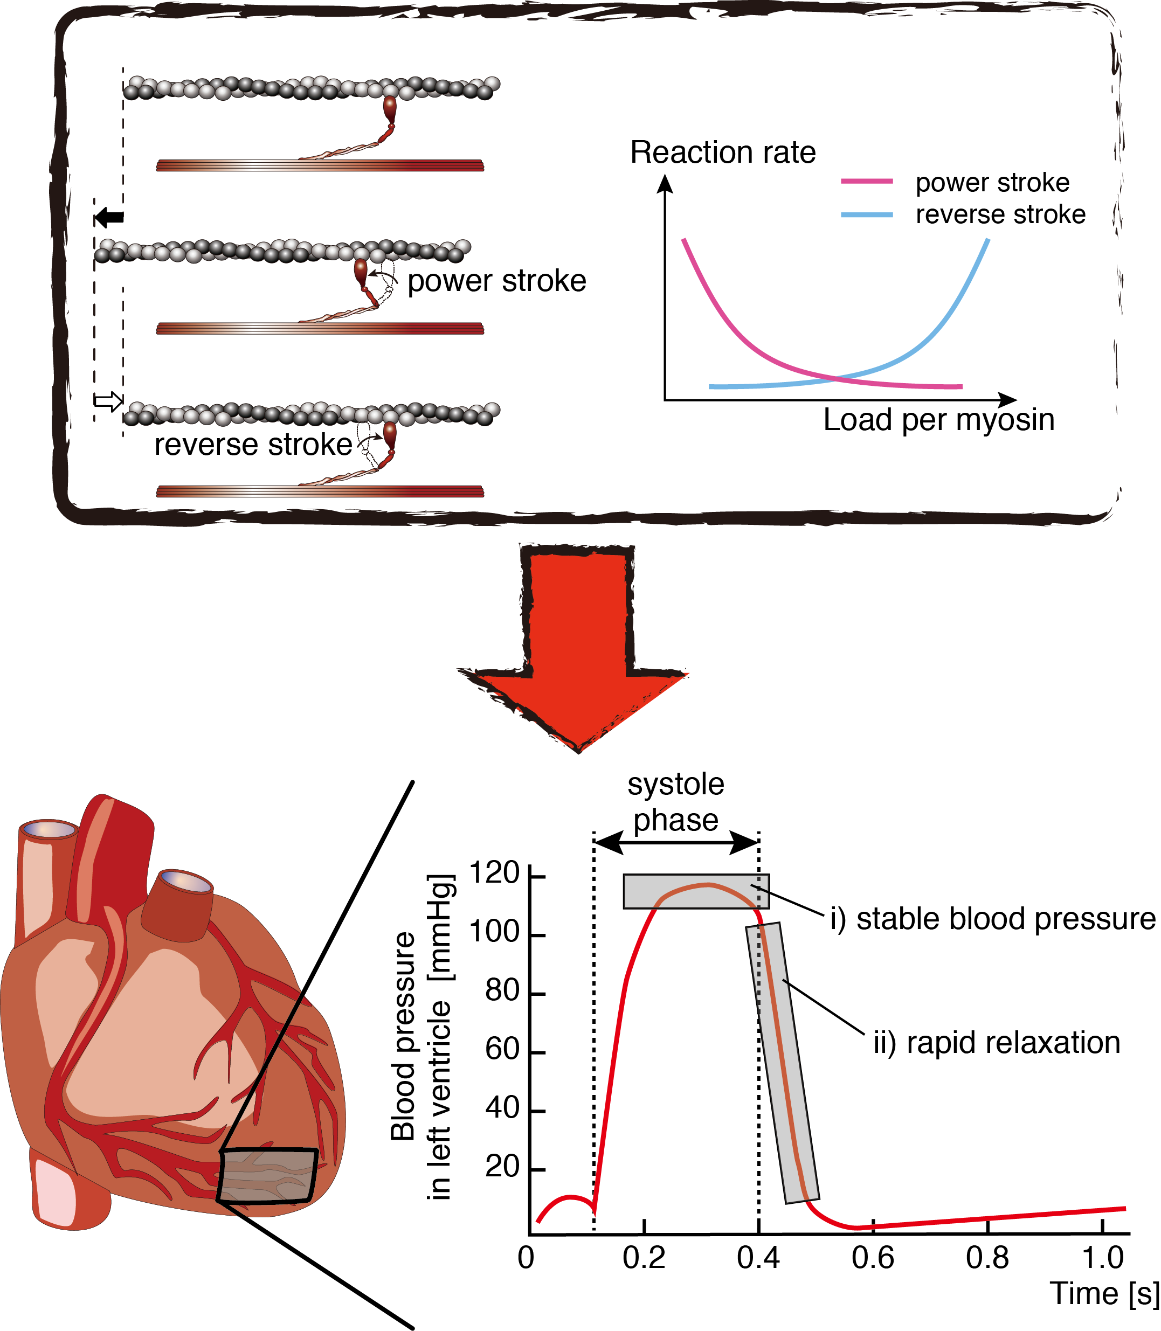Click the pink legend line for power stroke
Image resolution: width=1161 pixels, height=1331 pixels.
point(867,182)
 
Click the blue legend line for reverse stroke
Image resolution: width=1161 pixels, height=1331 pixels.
point(867,214)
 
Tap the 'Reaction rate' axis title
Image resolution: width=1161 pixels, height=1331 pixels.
point(723,153)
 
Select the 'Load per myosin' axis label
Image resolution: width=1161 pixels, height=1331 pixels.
point(939,420)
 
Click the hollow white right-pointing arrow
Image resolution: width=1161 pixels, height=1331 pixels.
point(109,401)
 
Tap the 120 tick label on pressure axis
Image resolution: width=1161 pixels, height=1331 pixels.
point(494,873)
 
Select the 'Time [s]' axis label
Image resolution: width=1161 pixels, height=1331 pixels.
point(1104,1294)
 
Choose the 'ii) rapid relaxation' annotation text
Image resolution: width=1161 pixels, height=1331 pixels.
point(997,1043)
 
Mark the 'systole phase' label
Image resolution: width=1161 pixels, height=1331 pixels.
point(676,802)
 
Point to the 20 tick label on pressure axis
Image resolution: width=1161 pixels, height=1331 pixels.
point(502,1167)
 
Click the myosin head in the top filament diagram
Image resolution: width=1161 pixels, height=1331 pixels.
point(389,109)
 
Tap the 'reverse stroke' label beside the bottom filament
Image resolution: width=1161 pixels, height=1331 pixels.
point(253,445)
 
